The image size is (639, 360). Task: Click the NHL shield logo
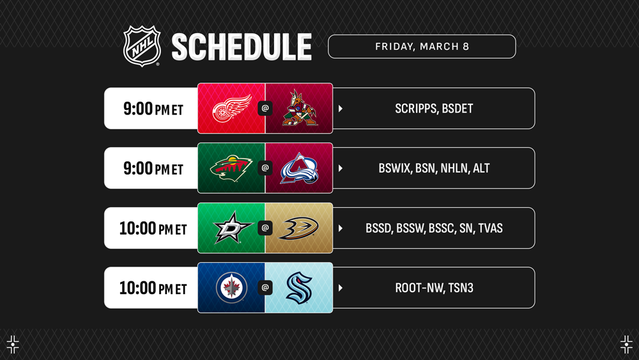click(142, 46)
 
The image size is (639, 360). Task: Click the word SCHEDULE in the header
click(242, 47)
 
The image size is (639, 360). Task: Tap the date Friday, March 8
click(422, 47)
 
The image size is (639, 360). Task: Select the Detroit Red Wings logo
click(232, 108)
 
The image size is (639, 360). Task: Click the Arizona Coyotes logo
click(300, 108)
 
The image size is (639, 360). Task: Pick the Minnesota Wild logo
click(231, 168)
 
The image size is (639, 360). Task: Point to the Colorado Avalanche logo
click(299, 168)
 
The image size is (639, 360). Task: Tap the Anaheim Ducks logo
click(298, 228)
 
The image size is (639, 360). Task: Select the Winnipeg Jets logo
click(231, 288)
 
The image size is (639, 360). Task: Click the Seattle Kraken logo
click(299, 288)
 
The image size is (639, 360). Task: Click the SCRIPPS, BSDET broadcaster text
click(434, 109)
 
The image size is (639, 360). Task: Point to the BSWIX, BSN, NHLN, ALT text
click(434, 168)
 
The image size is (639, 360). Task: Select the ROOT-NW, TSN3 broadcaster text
click(434, 288)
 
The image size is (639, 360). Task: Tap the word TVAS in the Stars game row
click(490, 228)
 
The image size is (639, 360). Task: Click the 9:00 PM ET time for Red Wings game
click(153, 109)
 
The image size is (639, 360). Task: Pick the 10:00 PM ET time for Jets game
click(153, 288)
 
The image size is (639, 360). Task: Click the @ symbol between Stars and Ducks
click(265, 228)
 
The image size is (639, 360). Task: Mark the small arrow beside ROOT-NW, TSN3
click(341, 288)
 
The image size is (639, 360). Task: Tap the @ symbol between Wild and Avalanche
click(265, 168)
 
